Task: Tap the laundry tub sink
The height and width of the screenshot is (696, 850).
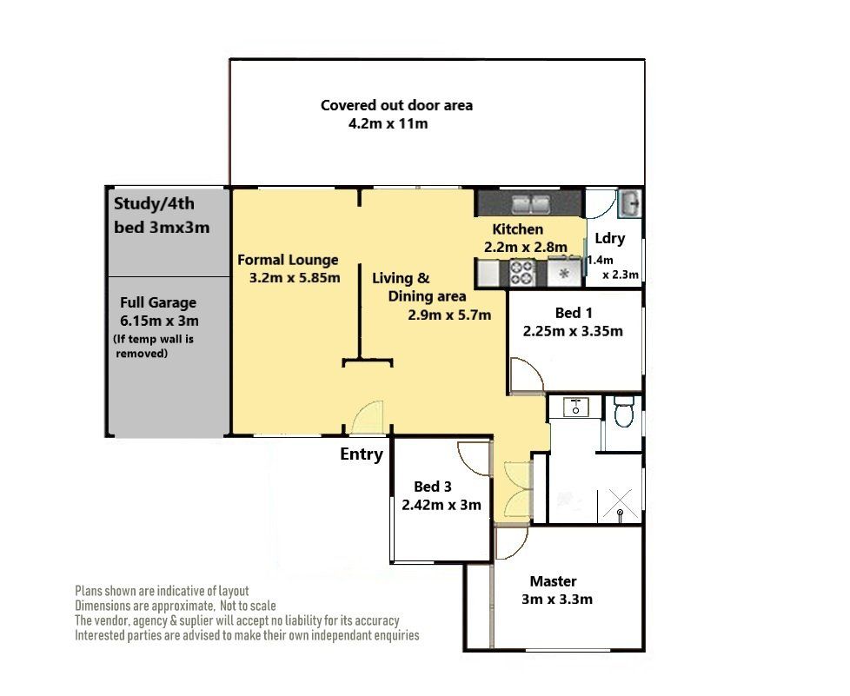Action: [630, 202]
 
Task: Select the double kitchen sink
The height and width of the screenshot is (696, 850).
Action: [531, 204]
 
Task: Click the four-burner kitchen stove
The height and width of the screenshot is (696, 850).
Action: [522, 273]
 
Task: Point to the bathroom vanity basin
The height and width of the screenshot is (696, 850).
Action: [575, 407]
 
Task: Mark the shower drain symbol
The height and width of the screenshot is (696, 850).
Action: [620, 512]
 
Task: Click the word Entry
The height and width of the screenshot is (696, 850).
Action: [361, 454]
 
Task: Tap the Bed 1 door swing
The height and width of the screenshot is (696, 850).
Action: [527, 374]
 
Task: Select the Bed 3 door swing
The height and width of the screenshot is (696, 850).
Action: [475, 459]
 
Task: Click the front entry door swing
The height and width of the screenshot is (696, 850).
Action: [368, 417]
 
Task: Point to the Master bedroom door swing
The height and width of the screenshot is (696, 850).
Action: [511, 543]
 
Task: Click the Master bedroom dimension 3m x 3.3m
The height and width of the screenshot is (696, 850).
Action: [557, 600]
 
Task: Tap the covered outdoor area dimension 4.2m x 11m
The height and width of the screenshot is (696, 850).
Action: [388, 123]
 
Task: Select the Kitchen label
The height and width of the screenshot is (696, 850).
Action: [517, 229]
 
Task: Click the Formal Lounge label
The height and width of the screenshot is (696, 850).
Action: [288, 260]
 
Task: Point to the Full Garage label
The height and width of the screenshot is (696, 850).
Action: [158, 302]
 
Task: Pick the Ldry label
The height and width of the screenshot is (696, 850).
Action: [610, 238]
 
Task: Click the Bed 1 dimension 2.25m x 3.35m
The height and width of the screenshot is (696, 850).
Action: [573, 331]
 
